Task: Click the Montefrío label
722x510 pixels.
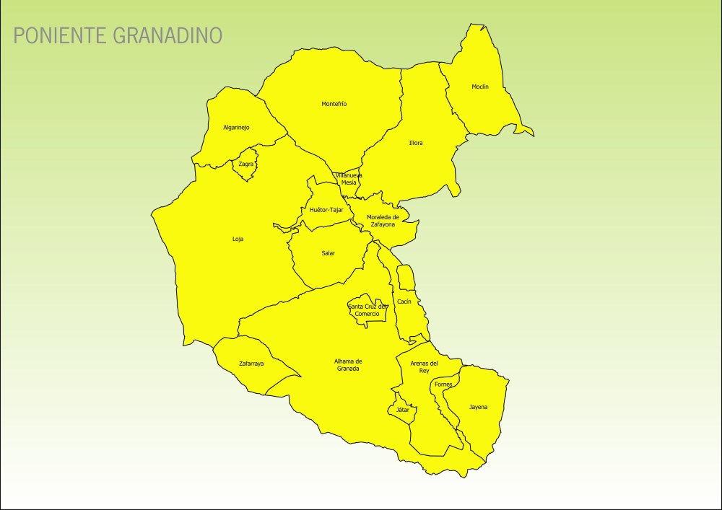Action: coord(334,104)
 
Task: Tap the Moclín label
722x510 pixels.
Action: coord(480,87)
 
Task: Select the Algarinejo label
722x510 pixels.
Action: coord(236,128)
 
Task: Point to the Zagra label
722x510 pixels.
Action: coord(246,164)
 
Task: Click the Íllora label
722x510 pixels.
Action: coord(416,143)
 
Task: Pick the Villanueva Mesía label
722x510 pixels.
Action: coord(349,179)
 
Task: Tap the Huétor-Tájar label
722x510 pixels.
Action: coord(326,210)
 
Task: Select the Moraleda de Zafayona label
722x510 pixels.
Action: coord(383,221)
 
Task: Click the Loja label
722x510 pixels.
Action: coord(238,239)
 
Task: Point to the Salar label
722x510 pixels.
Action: coord(329,253)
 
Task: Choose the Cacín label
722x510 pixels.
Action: coord(404,302)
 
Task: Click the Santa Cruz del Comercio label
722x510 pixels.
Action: coord(367,310)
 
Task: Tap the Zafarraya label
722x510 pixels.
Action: coord(251,364)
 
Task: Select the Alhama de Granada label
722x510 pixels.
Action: coord(348,365)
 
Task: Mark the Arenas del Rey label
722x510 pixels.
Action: coord(424,366)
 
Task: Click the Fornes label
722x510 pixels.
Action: coord(443,384)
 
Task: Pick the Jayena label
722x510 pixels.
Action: coord(478,407)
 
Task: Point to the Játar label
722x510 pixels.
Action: coord(403,410)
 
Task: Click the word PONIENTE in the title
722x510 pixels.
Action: coord(61,35)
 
